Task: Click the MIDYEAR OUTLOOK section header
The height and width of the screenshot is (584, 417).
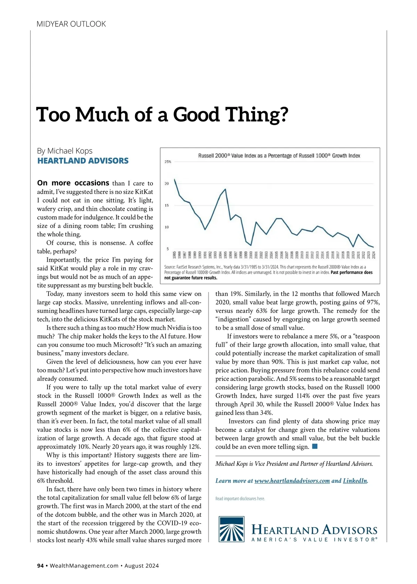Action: coord(71,24)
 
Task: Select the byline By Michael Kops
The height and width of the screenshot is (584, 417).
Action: coord(65,151)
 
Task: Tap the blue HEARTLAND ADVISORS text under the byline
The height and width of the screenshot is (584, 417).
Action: coord(83,161)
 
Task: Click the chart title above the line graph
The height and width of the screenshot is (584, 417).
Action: coord(279,156)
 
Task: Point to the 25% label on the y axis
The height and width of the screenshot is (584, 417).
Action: coord(168,162)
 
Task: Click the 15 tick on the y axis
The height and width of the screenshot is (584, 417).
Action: coord(167,205)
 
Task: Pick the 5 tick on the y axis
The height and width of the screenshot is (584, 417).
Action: coord(167,249)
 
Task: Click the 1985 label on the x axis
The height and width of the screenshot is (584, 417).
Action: coord(174,255)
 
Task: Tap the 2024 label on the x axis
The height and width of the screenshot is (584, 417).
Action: coord(374,255)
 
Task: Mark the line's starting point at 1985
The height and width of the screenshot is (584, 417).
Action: coord(174,179)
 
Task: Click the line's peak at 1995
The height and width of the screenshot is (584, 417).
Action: coord(226,189)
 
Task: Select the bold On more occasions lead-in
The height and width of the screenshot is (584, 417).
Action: coord(73,183)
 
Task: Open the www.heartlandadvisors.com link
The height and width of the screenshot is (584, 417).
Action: coord(292,481)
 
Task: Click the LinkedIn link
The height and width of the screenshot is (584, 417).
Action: coord(355,481)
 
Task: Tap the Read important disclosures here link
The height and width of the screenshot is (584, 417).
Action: coord(240,499)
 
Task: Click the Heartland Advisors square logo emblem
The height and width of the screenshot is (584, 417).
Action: coord(231,529)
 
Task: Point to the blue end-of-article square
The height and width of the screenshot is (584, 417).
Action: coord(315,446)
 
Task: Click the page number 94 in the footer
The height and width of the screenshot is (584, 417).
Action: coord(40,566)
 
